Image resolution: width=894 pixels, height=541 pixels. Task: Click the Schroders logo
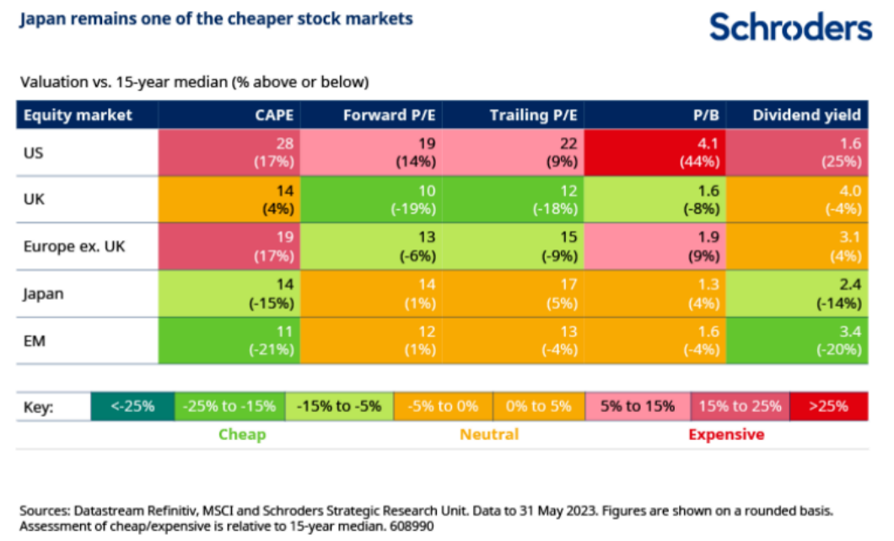(x=790, y=27)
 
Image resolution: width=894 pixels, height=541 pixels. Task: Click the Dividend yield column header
(x=807, y=115)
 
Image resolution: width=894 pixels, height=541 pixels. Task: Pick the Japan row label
(x=44, y=294)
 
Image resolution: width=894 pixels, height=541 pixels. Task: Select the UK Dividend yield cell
(x=797, y=200)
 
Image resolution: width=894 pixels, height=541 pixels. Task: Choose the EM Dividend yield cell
(x=797, y=340)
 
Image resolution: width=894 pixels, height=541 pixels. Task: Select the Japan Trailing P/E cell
(x=515, y=294)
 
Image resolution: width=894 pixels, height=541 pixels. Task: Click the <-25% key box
(x=132, y=406)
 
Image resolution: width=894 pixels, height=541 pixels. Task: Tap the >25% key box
(x=828, y=406)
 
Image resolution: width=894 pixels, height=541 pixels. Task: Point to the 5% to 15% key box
(x=638, y=406)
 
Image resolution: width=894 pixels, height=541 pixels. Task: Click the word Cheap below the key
(x=242, y=435)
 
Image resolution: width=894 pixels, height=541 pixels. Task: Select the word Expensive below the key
(x=726, y=435)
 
